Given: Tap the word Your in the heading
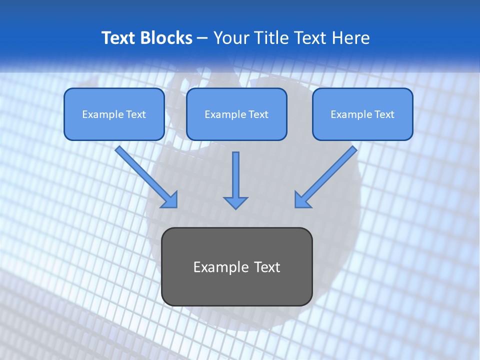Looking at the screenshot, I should pos(229,38).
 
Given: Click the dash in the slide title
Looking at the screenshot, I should pos(202,38).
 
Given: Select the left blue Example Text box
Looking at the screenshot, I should pos(114,114).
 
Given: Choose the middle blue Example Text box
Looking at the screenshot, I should pos(236,114).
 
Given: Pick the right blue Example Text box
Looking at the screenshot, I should pos(362,114).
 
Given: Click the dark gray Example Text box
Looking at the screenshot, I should pos(236,266).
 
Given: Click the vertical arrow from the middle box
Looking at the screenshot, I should pos(235,175).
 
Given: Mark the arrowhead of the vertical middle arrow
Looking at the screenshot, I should pos(235,202).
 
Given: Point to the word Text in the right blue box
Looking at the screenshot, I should pos(384,114).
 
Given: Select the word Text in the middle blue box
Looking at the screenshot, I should pos(258,114).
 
